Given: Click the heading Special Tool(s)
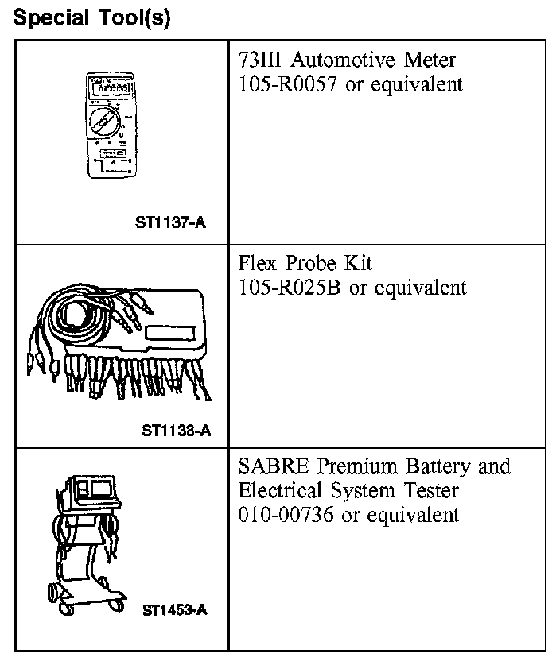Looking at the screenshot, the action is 92,17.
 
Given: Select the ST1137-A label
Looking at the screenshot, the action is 171,223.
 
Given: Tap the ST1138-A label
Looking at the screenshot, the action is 176,431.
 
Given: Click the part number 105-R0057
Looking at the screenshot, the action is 288,84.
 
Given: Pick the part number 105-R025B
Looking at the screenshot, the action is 290,287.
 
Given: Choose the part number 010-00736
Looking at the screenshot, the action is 287,515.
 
